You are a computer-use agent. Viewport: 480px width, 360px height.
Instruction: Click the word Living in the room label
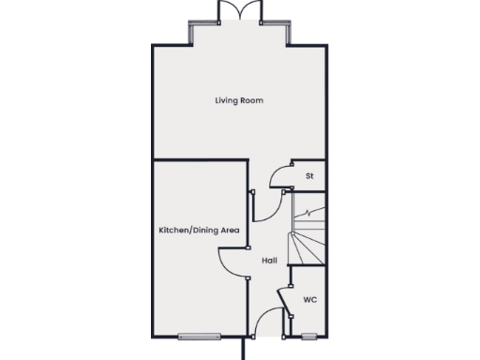click(223, 100)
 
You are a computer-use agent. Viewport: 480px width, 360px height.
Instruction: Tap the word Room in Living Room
click(251, 100)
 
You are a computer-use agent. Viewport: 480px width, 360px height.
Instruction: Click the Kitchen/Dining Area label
click(199, 229)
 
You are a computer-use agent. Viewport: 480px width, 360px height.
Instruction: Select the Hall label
click(268, 260)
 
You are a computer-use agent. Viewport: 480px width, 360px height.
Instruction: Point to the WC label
click(309, 300)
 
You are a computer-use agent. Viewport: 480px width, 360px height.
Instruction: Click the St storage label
click(308, 175)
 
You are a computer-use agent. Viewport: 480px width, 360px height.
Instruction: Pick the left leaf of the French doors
click(229, 10)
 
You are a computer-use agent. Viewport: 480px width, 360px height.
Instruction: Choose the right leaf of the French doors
click(249, 10)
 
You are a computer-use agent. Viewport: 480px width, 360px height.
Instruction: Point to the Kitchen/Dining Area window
click(198, 335)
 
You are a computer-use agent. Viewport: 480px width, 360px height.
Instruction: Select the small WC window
click(308, 335)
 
